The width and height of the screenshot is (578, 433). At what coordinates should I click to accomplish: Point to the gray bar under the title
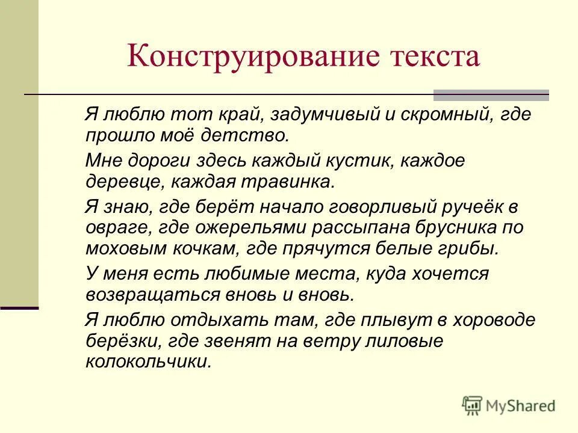(x=491, y=95)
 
